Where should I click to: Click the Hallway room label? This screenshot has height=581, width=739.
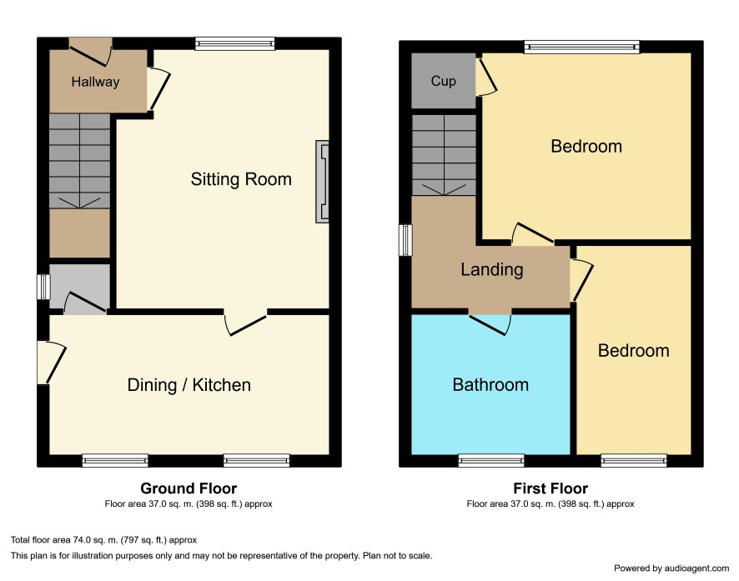coord(95,82)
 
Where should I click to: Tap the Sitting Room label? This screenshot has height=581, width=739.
coord(241,179)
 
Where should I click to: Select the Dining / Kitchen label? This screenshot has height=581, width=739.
coord(189,385)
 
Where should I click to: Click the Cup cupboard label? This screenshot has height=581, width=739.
coord(443,81)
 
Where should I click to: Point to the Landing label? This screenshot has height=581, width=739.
coord(491,269)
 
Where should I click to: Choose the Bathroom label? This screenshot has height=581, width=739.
coord(490,384)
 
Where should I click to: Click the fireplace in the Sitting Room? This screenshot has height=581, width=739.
coord(322,181)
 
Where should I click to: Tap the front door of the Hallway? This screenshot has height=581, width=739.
coord(90,52)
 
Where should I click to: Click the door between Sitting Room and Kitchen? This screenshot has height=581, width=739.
coord(245,322)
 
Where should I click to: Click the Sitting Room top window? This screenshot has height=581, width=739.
coord(235,44)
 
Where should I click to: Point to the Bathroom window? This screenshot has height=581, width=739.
coord(491,460)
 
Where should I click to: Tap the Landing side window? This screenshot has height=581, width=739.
coord(405,240)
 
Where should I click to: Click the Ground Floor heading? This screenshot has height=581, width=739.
coord(189,488)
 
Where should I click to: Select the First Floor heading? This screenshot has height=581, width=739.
coord(550,488)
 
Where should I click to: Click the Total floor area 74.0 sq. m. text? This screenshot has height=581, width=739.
coord(103,540)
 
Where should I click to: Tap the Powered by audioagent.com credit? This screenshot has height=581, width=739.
coord(671,568)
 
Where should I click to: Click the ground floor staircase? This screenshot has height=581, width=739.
coord(79,161)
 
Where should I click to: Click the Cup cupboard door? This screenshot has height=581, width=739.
coord(486,77)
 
